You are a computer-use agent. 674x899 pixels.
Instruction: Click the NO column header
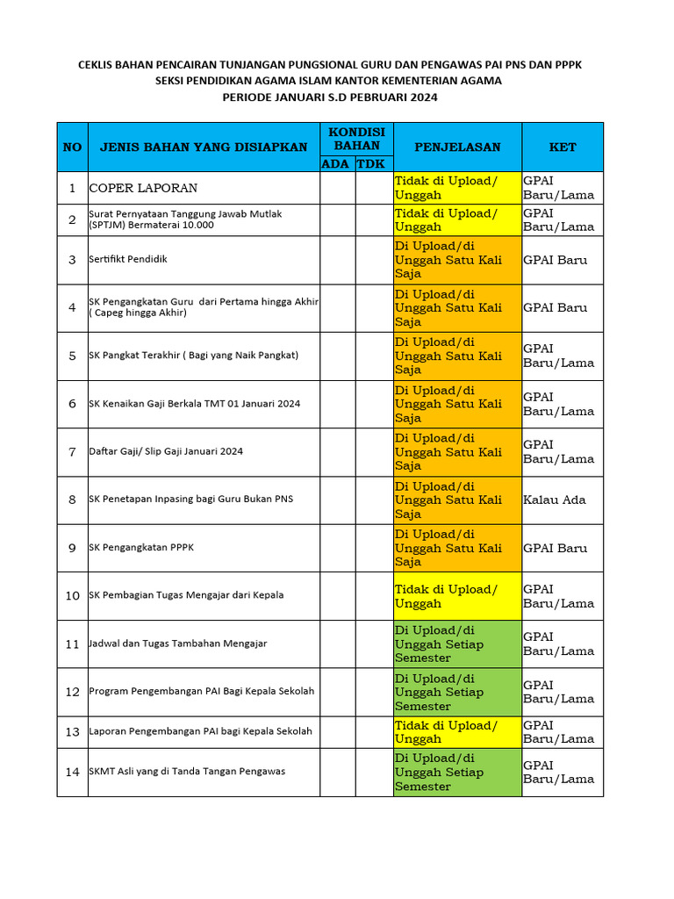72,147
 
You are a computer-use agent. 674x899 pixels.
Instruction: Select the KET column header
563,147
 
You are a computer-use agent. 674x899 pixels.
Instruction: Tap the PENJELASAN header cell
457,147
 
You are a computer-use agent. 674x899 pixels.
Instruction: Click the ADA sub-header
336,163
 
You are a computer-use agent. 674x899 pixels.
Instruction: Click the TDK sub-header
373,163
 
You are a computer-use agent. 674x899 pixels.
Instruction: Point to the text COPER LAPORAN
143,188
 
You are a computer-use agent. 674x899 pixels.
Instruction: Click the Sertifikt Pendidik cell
128,259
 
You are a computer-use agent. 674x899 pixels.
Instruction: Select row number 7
72,451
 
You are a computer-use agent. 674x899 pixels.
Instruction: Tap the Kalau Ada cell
554,500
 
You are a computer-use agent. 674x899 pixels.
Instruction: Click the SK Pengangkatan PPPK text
141,548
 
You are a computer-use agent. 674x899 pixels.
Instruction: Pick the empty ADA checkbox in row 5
337,356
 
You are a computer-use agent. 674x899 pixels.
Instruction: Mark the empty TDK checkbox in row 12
374,692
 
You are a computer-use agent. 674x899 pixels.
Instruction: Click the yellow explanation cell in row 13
457,731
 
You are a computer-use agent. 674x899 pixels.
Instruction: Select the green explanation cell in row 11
457,644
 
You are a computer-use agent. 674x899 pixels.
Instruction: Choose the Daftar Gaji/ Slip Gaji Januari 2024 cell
166,451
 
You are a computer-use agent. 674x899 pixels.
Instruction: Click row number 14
72,772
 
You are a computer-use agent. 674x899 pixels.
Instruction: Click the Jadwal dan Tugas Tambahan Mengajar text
178,644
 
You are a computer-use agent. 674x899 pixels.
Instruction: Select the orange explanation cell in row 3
457,260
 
